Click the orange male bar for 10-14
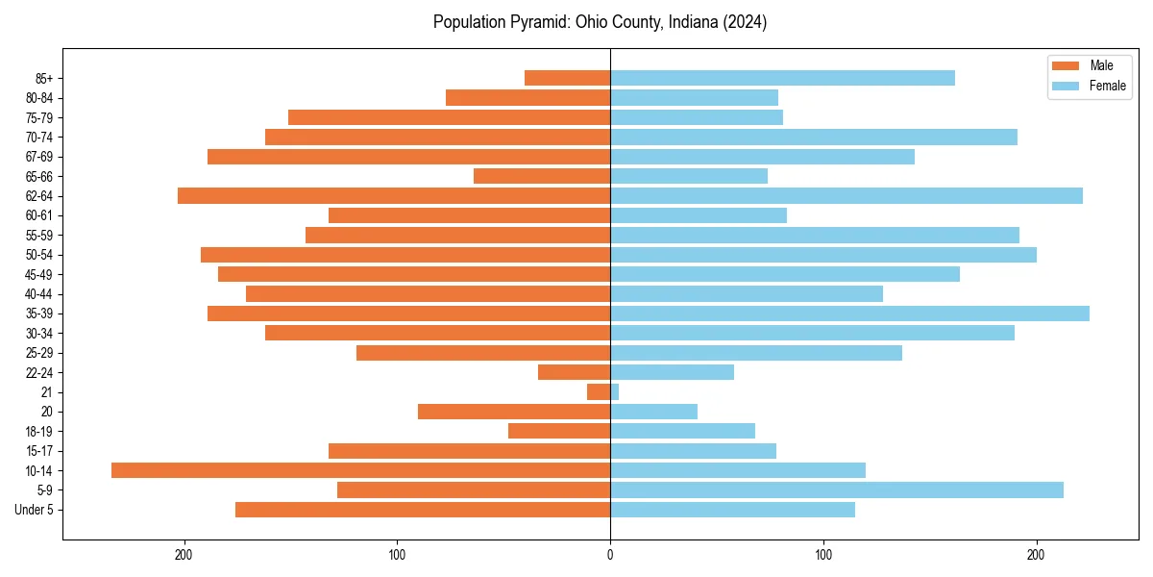pyautogui.click(x=360, y=470)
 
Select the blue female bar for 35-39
pyautogui.click(x=849, y=314)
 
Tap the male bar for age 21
pyautogui.click(x=599, y=392)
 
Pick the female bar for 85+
pyautogui.click(x=782, y=78)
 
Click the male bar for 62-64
pyautogui.click(x=394, y=196)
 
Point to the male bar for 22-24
pyautogui.click(x=574, y=372)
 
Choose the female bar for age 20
pyautogui.click(x=653, y=412)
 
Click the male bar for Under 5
pyautogui.click(x=423, y=510)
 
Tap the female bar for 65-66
pyautogui.click(x=689, y=176)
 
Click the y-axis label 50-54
pyautogui.click(x=38, y=255)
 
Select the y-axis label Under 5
pyautogui.click(x=35, y=510)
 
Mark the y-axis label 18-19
pyautogui.click(x=38, y=432)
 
